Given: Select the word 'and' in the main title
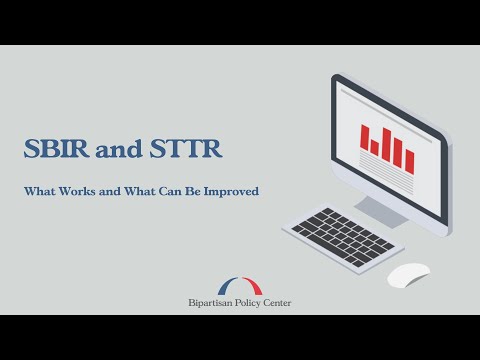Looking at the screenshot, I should click(x=121, y=151).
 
